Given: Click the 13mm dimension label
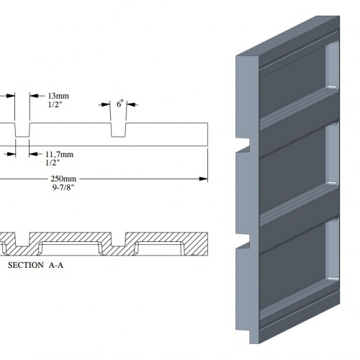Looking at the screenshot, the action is tap(58, 96).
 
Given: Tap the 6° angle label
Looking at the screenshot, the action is tap(120, 104).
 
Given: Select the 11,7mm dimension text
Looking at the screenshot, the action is tap(59, 154).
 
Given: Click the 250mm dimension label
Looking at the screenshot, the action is tap(63, 179).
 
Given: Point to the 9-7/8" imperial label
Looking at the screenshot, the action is tap(63, 187).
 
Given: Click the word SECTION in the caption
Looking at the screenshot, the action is tap(26, 265).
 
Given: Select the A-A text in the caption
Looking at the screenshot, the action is tap(56, 265).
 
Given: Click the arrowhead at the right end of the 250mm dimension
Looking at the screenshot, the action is tap(204, 179).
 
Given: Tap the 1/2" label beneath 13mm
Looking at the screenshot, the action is tap(55, 104).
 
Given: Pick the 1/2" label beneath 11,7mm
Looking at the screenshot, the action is tap(53, 163).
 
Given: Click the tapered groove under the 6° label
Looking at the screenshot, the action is tap(118, 130).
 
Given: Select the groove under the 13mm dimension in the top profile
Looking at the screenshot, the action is tap(22, 130).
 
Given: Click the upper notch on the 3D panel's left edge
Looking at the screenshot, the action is tap(243, 145).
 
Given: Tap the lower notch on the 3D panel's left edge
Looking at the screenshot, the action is tap(243, 240).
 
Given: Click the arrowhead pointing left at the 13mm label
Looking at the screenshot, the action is tap(34, 96).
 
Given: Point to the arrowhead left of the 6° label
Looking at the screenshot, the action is tap(106, 104).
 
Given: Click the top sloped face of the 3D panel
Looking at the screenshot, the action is tap(288, 36).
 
